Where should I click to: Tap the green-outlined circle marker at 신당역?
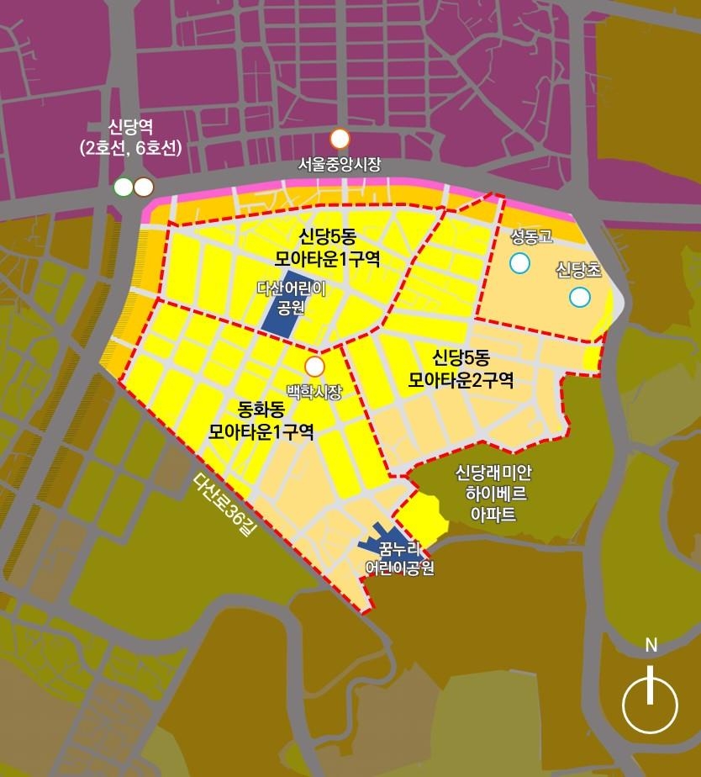pyautogui.click(x=124, y=187)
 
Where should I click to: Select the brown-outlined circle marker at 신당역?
pyautogui.click(x=143, y=187)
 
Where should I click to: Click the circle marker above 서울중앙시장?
pyautogui.click(x=340, y=139)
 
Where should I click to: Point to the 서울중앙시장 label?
pyautogui.click(x=340, y=165)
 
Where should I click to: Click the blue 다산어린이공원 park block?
pyautogui.click(x=284, y=303)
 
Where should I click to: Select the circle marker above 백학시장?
pyautogui.click(x=314, y=366)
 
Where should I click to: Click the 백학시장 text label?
pyautogui.click(x=314, y=391)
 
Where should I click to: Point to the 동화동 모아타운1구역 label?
pyautogui.click(x=261, y=421)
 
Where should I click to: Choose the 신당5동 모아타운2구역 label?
pyautogui.click(x=461, y=367)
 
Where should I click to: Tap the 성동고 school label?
pyautogui.click(x=532, y=237)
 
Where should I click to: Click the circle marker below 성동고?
pyautogui.click(x=520, y=263)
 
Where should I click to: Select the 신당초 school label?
pyautogui.click(x=579, y=270)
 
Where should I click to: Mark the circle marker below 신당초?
pyautogui.click(x=579, y=297)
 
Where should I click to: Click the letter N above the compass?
pyautogui.click(x=651, y=646)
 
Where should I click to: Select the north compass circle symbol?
pyautogui.click(x=650, y=704)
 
